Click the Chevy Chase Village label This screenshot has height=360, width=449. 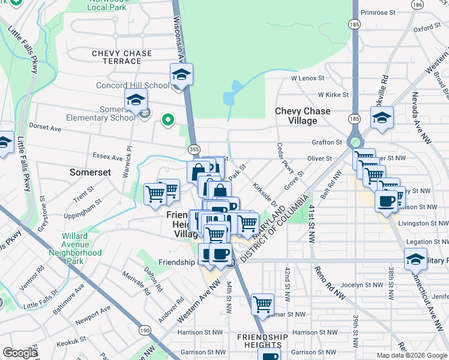tap(303, 116)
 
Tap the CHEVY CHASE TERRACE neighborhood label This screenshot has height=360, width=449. tap(122, 58)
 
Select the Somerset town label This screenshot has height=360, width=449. tap(90, 172)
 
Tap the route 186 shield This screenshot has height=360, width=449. tap(417, 4)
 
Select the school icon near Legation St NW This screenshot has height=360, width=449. tap(415, 259)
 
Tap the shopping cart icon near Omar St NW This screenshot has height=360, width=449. tap(262, 305)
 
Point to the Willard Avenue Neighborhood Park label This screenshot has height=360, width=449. tap(83, 248)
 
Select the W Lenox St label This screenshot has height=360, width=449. tap(307, 78)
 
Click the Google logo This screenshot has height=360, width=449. tap(20, 352)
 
